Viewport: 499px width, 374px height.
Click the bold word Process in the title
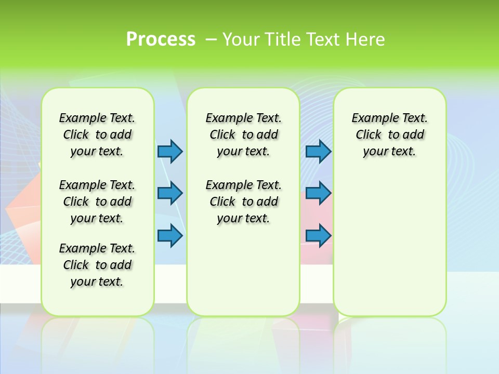tap(161, 39)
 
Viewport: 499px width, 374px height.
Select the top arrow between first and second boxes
tap(170, 151)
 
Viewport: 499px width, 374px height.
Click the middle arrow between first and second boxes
tap(170, 193)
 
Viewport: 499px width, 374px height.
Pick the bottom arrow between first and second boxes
tap(170, 235)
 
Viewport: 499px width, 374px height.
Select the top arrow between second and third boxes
tap(318, 151)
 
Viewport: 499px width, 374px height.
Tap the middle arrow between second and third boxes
tap(318, 193)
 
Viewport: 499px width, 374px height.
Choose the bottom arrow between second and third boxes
tap(318, 235)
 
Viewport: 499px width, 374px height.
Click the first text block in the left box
tap(97, 135)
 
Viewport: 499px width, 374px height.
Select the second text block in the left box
tap(97, 202)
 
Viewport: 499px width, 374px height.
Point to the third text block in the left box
tap(97, 265)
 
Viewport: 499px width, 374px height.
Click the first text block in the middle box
tap(243, 135)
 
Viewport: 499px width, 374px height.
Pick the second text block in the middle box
tap(243, 202)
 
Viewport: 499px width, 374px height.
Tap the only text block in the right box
tap(389, 135)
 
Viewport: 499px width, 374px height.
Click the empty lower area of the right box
tap(389, 244)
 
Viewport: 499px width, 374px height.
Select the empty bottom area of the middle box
tap(243, 275)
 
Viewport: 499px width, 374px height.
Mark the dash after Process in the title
tap(211, 39)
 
